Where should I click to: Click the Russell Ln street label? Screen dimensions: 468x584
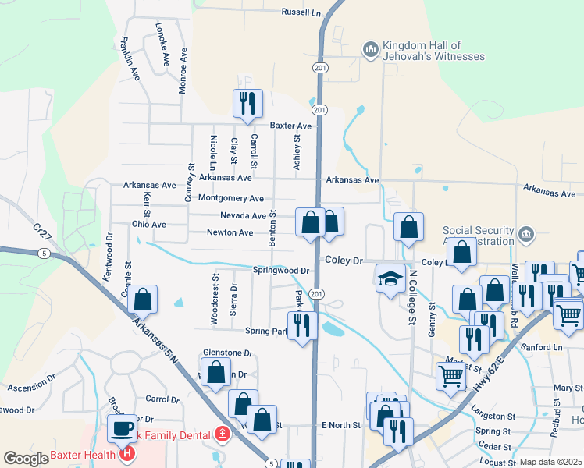click(x=301, y=12)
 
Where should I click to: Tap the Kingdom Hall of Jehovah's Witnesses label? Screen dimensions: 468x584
click(x=431, y=51)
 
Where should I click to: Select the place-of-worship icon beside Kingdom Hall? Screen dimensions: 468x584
click(x=370, y=51)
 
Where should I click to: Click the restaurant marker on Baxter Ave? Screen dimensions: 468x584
click(x=247, y=104)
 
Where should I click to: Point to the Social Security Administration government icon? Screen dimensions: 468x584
click(x=526, y=232)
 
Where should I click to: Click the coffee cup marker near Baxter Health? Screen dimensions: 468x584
click(x=122, y=428)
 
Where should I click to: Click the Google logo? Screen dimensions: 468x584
click(x=26, y=459)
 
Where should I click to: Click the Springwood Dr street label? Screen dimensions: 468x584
click(x=282, y=271)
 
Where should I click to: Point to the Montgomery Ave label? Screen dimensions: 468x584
click(x=231, y=198)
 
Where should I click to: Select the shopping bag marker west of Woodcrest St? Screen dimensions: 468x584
click(x=142, y=300)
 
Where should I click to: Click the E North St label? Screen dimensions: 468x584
click(x=341, y=425)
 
